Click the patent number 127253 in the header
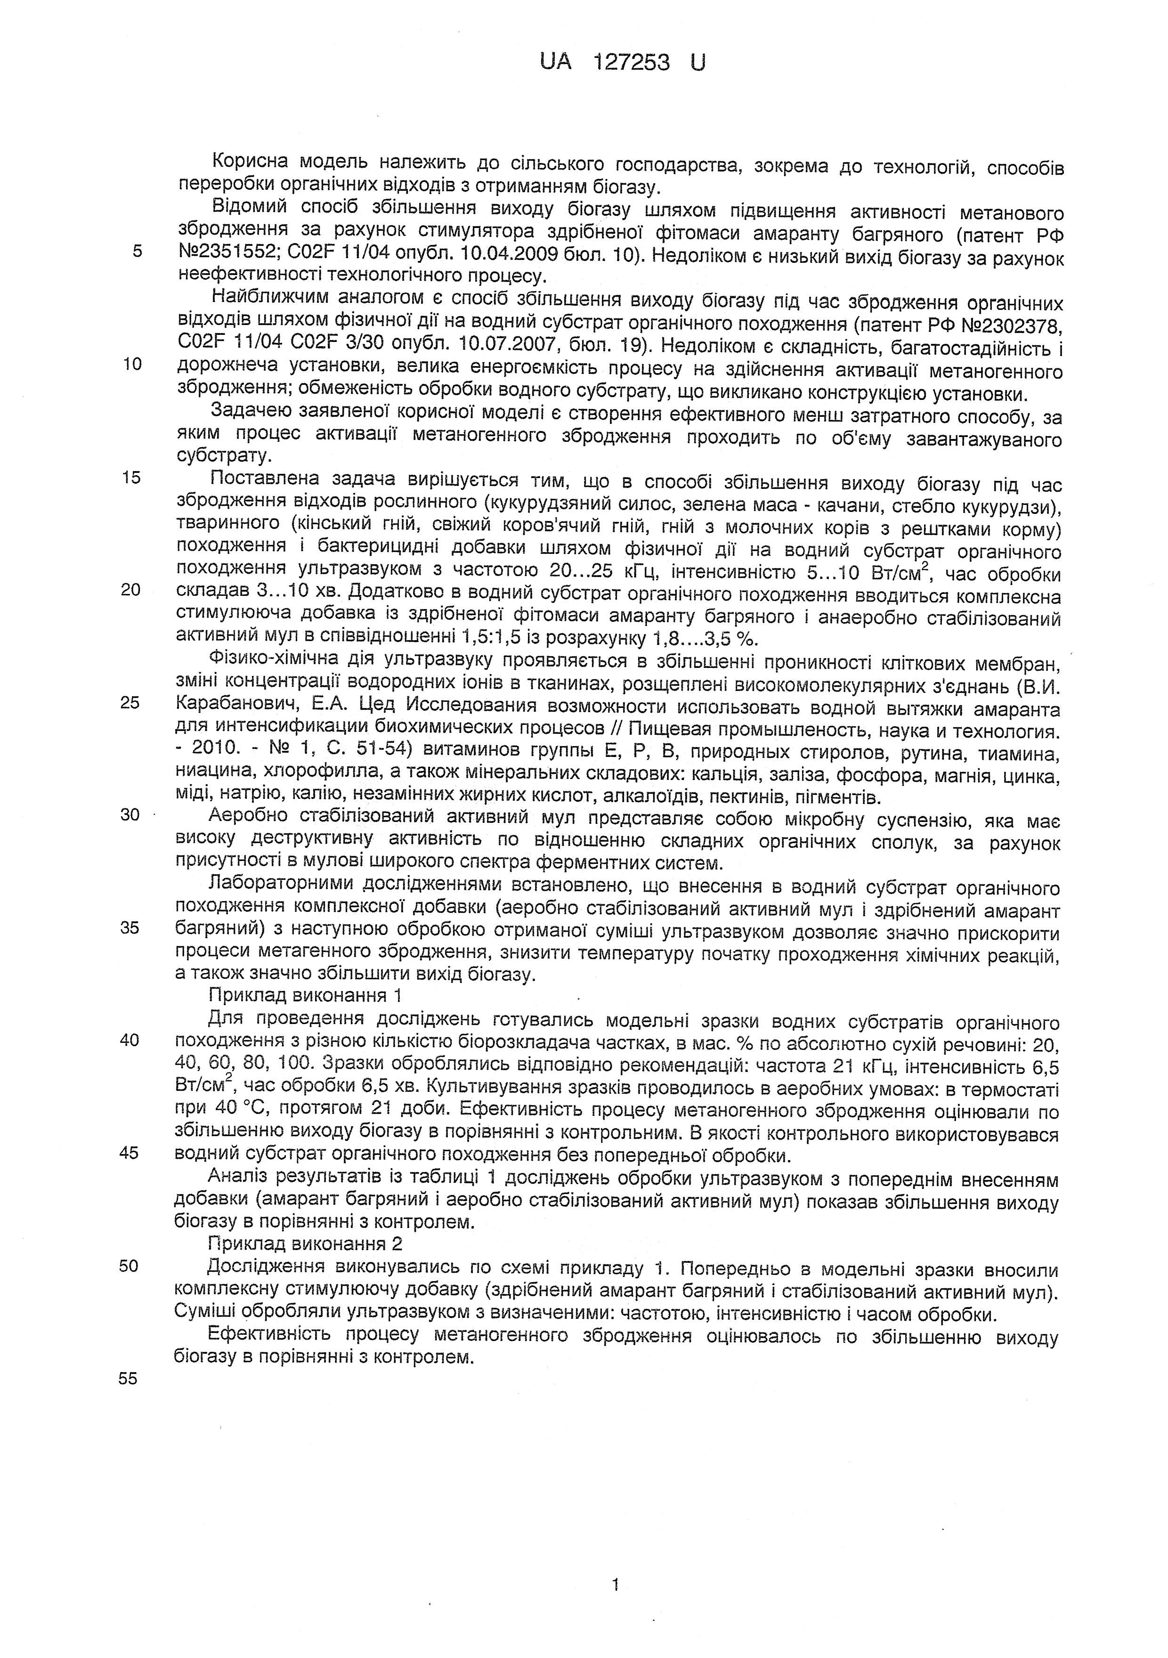tap(630, 63)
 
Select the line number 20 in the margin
tap(130, 589)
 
